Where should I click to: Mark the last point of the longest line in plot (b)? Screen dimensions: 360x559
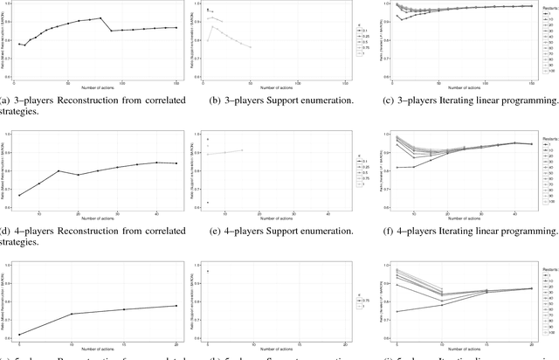252,47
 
